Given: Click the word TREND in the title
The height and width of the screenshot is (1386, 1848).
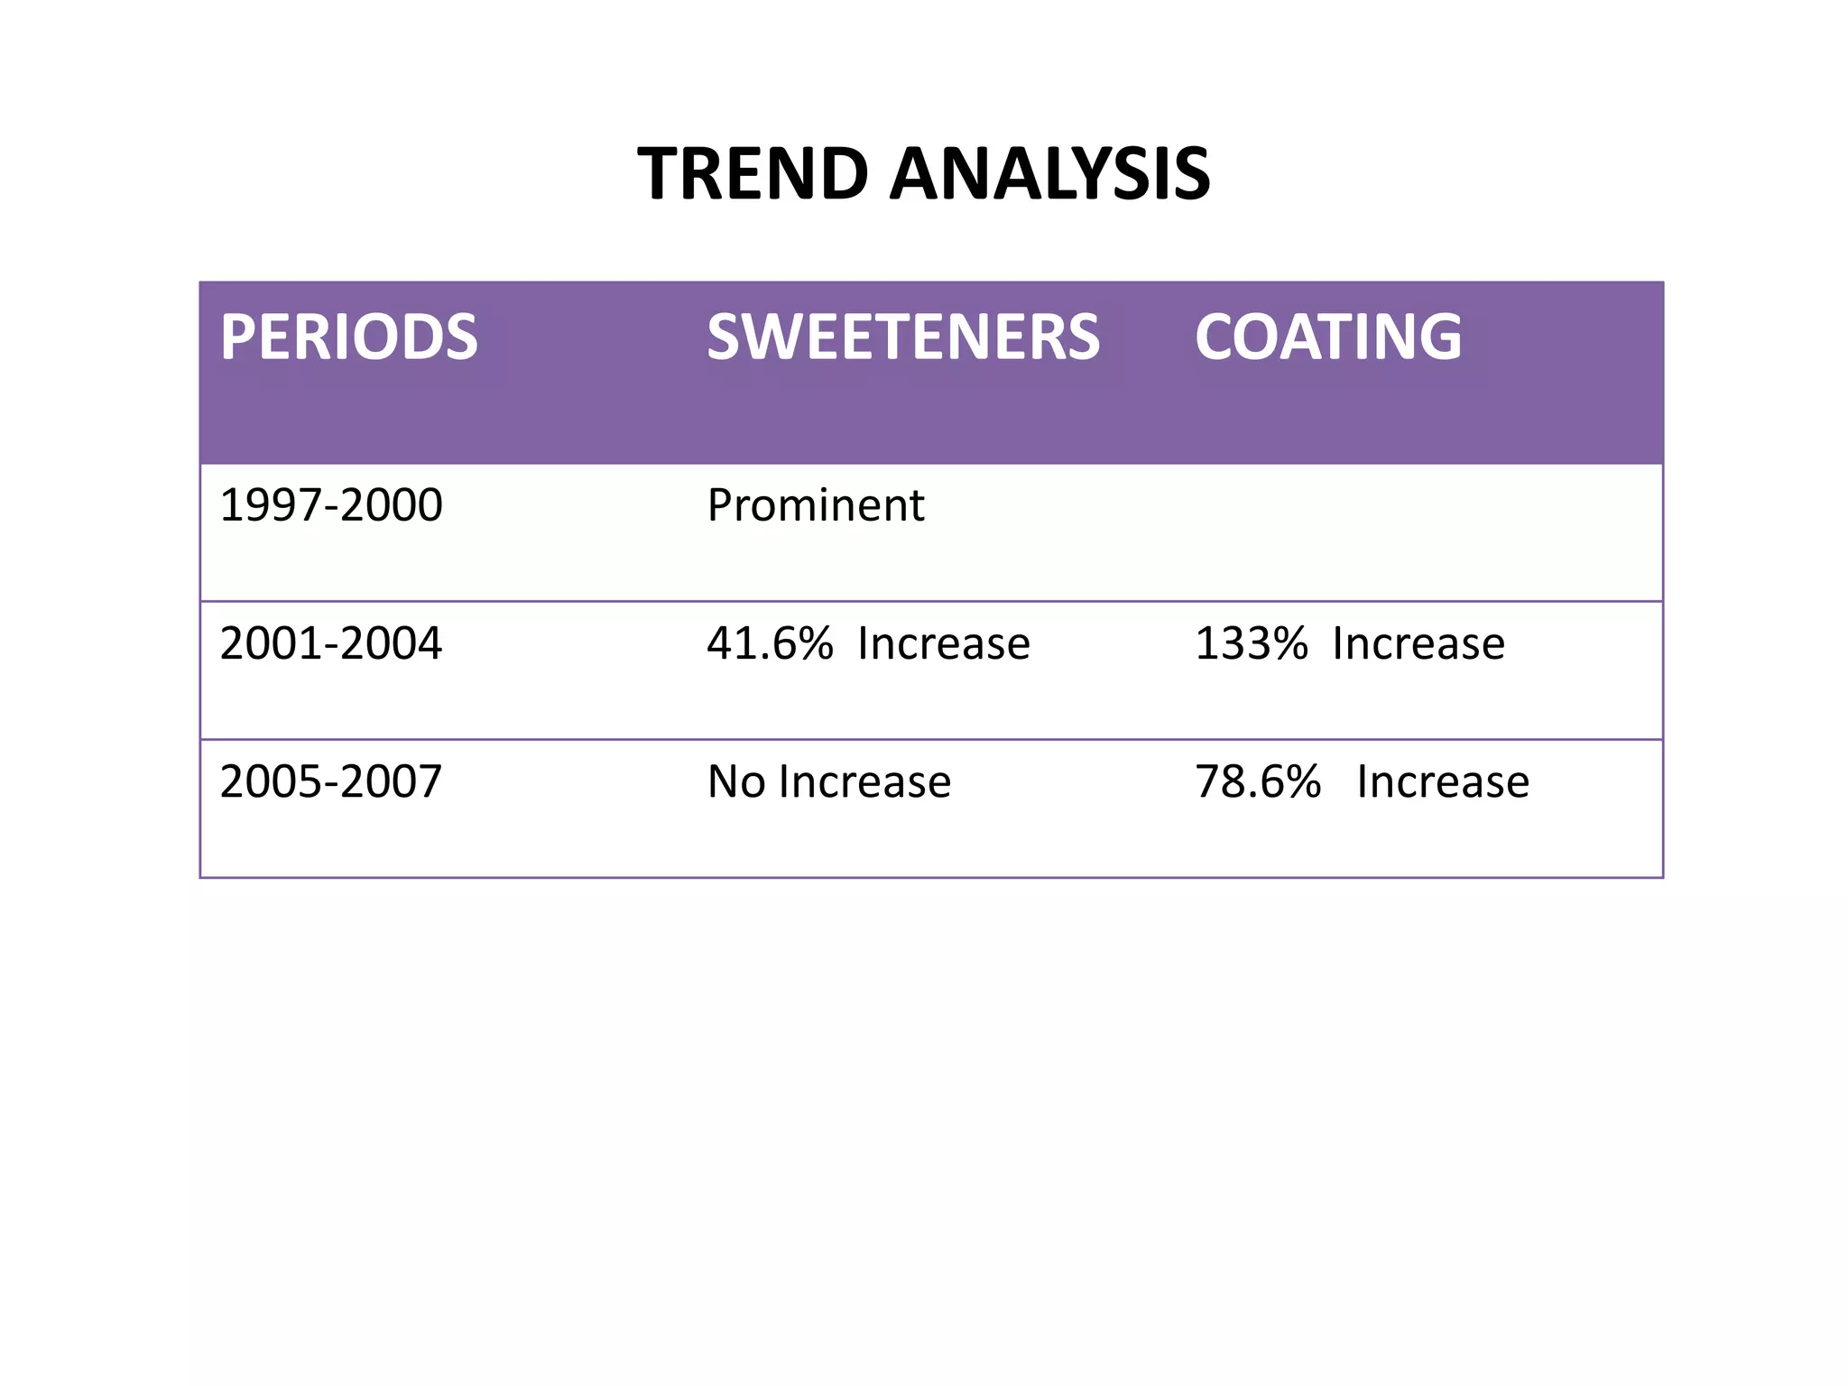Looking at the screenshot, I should pyautogui.click(x=753, y=174).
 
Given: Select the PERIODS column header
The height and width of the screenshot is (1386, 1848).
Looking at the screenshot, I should pyautogui.click(x=348, y=337).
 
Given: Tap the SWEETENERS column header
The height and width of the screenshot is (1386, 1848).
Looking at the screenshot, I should pyautogui.click(x=903, y=337).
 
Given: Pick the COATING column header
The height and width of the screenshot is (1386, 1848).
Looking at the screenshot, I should pyautogui.click(x=1327, y=337).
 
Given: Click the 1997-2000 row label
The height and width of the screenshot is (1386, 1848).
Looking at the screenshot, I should pyautogui.click(x=331, y=505).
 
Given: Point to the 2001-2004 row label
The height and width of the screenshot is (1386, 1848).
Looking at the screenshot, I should pyautogui.click(x=331, y=644).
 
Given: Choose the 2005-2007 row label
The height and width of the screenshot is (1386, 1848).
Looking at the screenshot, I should pyautogui.click(x=331, y=782).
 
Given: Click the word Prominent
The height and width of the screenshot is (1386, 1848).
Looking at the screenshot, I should pyautogui.click(x=815, y=505).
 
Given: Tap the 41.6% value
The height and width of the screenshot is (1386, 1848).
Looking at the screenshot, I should pyautogui.click(x=770, y=644).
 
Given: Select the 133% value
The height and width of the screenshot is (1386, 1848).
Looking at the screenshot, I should pyautogui.click(x=1251, y=644).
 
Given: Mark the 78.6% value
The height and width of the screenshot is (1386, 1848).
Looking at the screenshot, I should pyautogui.click(x=1258, y=782).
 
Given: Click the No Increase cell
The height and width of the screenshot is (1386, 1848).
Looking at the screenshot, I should pyautogui.click(x=828, y=782).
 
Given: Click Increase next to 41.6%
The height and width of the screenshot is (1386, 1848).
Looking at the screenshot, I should pyautogui.click(x=943, y=644).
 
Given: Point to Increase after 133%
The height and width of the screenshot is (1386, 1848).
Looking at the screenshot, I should pyautogui.click(x=1418, y=644).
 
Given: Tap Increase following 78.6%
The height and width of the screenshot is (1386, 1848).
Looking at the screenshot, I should pyautogui.click(x=1442, y=782).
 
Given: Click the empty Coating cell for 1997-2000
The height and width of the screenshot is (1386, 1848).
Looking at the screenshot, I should pyautogui.click(x=1426, y=532).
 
